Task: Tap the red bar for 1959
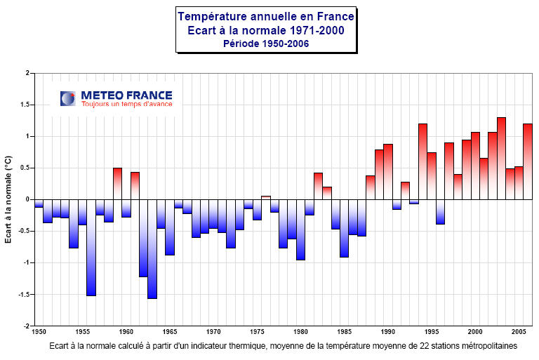click(117, 184)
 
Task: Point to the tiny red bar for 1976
click(265, 197)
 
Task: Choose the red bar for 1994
click(422, 161)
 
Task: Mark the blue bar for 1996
click(440, 211)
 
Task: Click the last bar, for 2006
click(527, 161)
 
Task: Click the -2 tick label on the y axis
click(26, 326)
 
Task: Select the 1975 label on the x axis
click(257, 332)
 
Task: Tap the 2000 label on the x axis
click(475, 332)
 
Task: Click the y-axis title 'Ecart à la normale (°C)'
click(9, 199)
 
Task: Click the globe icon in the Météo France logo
click(68, 98)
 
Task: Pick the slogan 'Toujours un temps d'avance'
click(126, 104)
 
